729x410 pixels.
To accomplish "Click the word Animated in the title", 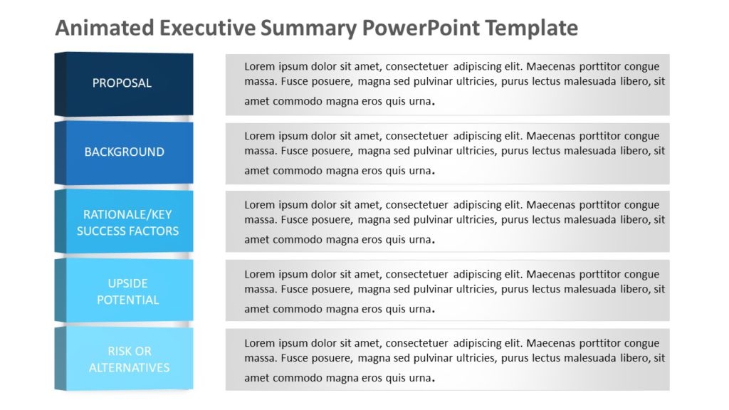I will [104, 28].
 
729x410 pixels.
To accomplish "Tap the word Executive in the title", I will [207, 28].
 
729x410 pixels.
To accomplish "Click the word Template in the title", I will [532, 28].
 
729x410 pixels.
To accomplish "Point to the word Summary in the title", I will [308, 28].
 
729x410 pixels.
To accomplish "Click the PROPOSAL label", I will [122, 83].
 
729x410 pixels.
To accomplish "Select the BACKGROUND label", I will [124, 152].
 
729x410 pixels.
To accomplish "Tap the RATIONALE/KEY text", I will [127, 214].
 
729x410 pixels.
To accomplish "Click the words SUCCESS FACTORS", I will [127, 231].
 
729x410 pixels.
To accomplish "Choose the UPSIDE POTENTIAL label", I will [127, 292].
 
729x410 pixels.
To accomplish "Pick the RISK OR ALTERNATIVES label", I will [129, 359].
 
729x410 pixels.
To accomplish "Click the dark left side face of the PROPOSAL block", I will [59, 83].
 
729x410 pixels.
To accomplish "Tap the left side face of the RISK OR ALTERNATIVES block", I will [59, 359].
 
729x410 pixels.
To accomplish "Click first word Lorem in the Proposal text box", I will [260, 66].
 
